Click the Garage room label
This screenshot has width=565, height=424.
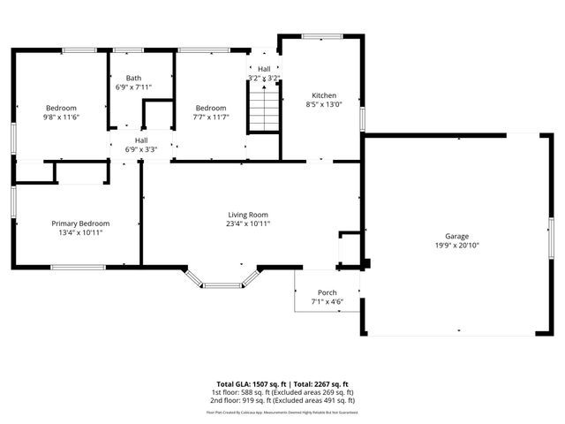tap(456, 236)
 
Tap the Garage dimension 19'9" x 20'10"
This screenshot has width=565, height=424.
tap(456, 246)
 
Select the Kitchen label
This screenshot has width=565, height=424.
tap(324, 95)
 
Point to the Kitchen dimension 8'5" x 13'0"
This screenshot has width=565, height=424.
tap(324, 105)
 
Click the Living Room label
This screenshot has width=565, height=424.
tap(248, 215)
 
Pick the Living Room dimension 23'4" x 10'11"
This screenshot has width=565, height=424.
tap(248, 224)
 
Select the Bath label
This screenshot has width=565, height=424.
tap(133, 78)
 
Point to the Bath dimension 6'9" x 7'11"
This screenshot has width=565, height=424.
tap(133, 87)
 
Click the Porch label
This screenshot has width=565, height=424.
tap(327, 292)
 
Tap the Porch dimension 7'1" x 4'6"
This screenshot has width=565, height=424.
tap(327, 302)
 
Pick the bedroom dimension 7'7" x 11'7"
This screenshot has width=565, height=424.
tap(211, 117)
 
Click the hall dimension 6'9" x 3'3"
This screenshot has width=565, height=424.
tap(141, 149)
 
